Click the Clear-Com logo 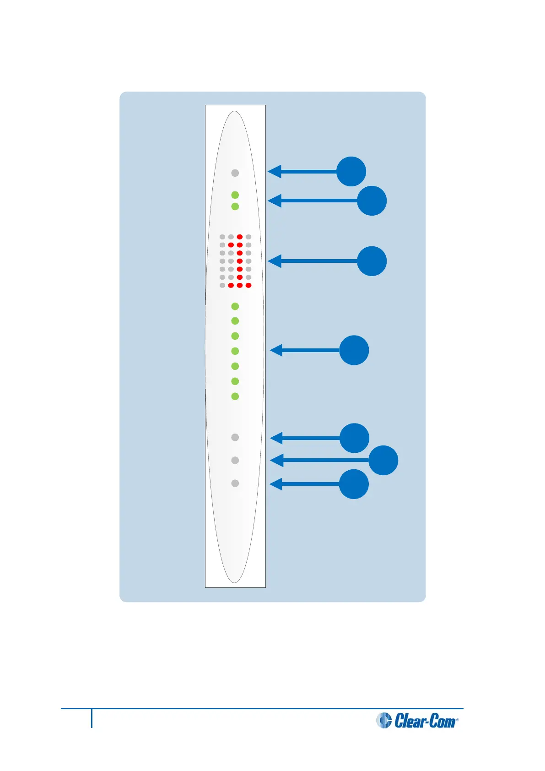pos(417,720)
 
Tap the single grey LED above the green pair pos(235,173)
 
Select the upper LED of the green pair pos(235,195)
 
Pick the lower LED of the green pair pos(235,206)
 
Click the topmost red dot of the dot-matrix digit pos(239,237)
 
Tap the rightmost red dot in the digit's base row pos(248,285)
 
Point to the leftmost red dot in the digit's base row pos(231,285)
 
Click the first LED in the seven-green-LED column pos(235,306)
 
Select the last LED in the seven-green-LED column pos(235,396)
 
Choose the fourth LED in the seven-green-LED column pos(235,351)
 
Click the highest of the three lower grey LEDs pos(235,437)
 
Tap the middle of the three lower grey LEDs pos(235,460)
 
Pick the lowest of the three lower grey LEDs pos(235,483)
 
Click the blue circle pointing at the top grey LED pos(351,172)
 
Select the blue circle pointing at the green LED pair pos(372,201)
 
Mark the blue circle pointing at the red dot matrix pos(372,261)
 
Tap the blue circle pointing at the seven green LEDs pos(354,350)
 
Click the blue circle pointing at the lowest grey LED pos(354,484)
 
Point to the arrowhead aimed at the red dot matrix pos(274,261)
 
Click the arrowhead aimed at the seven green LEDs pos(276,350)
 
